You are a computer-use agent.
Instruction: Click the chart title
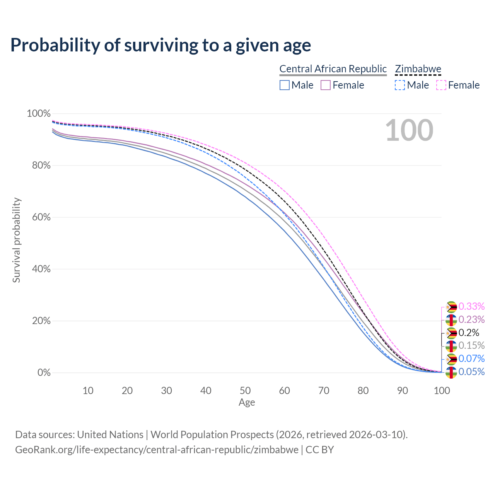point(160,45)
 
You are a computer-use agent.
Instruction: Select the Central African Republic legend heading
point(333,69)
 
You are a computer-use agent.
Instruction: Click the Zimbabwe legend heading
point(418,69)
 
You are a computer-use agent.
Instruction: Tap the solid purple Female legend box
point(326,85)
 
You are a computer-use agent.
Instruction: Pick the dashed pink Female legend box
point(441,85)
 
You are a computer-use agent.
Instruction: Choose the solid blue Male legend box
point(285,85)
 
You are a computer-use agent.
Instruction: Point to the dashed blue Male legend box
point(400,85)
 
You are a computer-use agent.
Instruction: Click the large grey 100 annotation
point(409,130)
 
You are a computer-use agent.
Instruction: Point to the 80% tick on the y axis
point(39,166)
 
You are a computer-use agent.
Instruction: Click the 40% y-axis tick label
point(39,269)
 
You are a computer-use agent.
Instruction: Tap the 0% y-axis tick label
point(44,373)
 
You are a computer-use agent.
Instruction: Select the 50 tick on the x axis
point(245,391)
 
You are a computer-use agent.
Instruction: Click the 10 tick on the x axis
point(88,391)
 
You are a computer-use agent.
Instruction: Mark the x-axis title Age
point(247,403)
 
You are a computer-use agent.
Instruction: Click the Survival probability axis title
point(16,240)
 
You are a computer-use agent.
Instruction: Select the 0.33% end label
point(471,306)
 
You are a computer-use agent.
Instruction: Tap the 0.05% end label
point(471,372)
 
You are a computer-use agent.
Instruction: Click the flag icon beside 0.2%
point(451,333)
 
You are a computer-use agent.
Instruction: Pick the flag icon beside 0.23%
point(451,320)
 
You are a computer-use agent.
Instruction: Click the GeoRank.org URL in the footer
point(157,450)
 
